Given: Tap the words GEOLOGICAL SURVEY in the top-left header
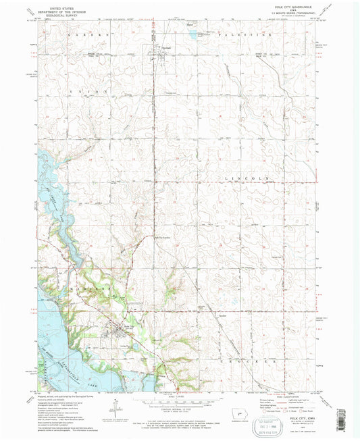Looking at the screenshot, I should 53,17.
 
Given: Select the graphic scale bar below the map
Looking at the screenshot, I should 178,402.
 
